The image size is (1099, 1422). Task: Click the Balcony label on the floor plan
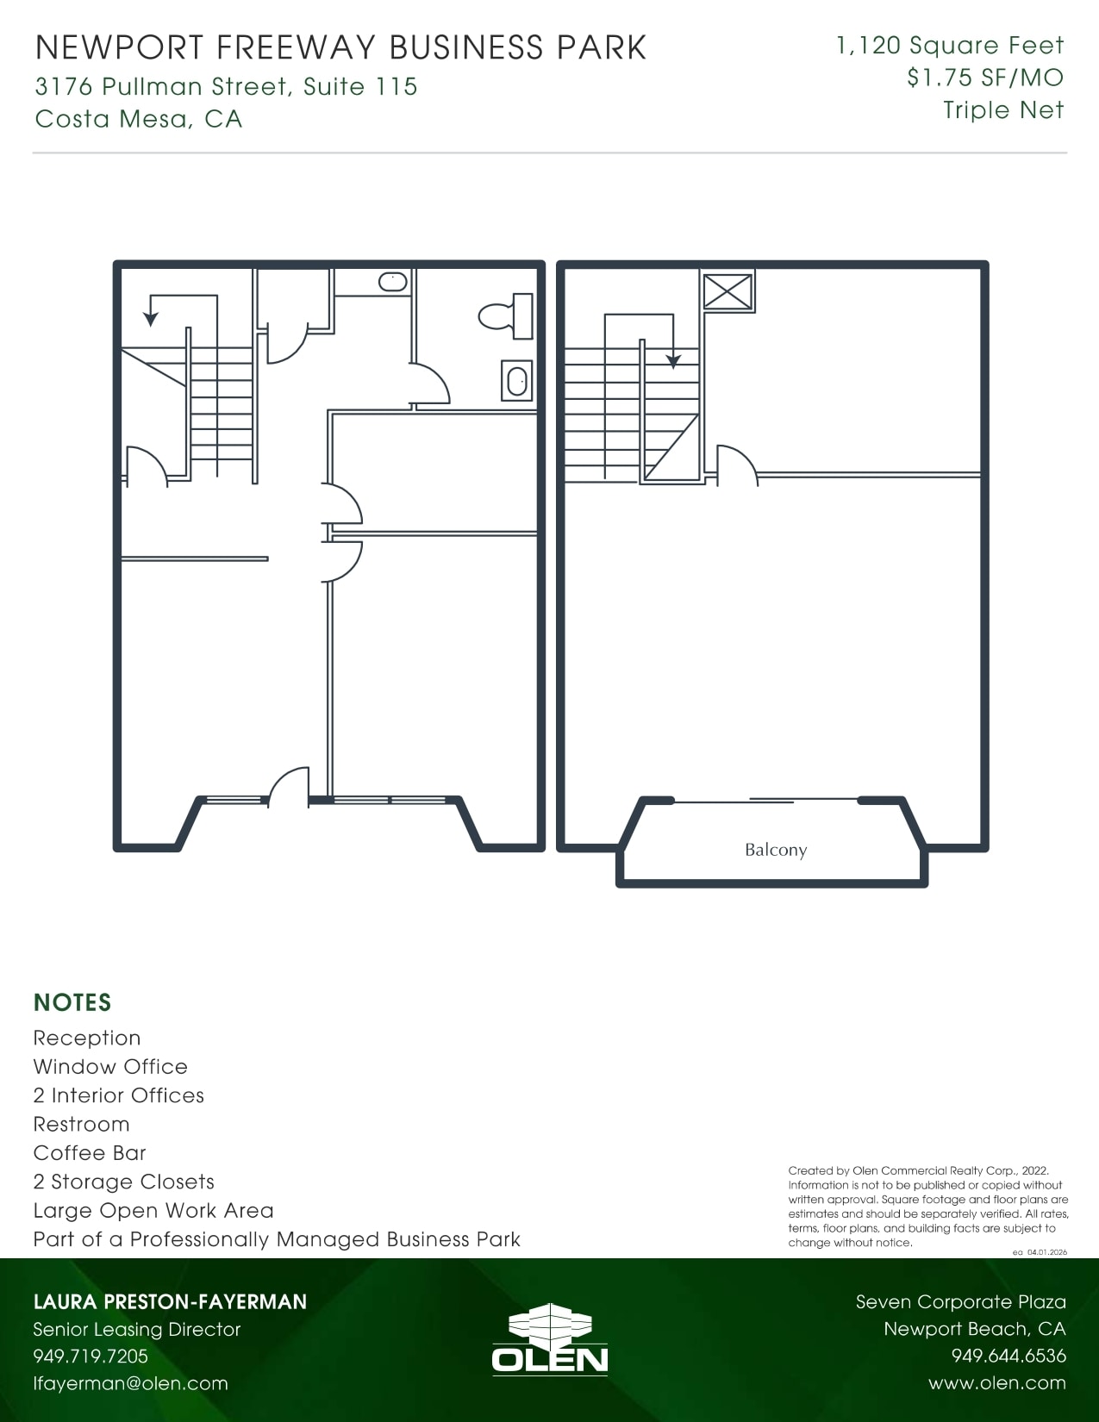(x=776, y=850)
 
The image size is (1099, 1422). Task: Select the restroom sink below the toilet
(x=517, y=381)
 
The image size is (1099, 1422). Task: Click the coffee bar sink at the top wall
(x=393, y=281)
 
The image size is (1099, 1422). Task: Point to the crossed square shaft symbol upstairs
(x=728, y=290)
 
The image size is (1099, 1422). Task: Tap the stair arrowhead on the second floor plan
(x=673, y=361)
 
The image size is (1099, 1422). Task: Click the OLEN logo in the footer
(x=550, y=1339)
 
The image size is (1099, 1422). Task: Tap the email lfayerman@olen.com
(x=130, y=1383)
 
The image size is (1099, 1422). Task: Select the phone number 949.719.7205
(x=91, y=1356)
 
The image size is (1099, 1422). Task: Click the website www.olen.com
(x=996, y=1383)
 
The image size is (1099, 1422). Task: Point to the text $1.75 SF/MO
(x=985, y=78)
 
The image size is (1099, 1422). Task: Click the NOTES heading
(x=72, y=1002)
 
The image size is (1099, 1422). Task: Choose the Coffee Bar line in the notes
(x=90, y=1153)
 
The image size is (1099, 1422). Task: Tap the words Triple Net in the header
(x=1003, y=110)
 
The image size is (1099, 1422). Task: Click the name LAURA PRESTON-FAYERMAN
(x=170, y=1301)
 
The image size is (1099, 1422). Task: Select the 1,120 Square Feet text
(x=950, y=46)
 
